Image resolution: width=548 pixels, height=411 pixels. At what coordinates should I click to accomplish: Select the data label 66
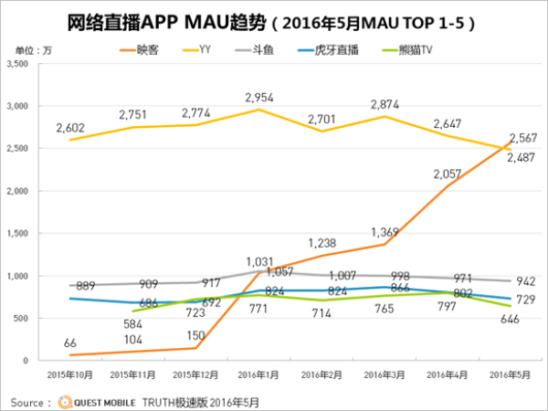click(69, 342)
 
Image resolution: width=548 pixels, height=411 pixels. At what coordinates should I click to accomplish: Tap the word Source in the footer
click(29, 400)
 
